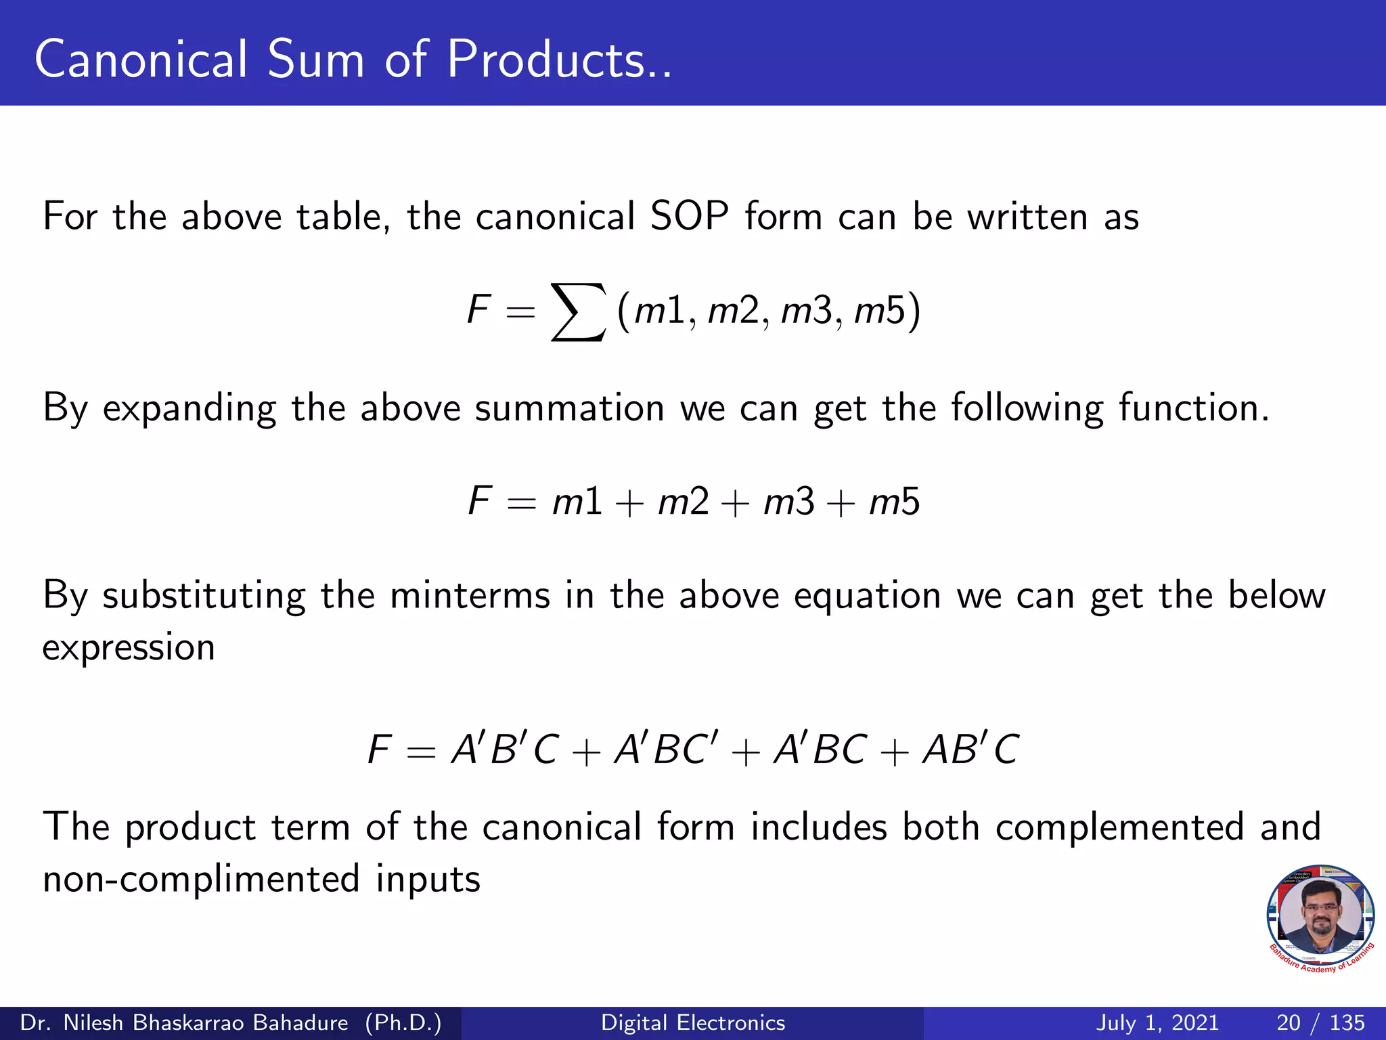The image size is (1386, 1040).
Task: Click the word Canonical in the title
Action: coord(141,60)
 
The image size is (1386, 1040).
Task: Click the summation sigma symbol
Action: coord(577,312)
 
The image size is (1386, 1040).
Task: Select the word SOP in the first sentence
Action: coord(689,217)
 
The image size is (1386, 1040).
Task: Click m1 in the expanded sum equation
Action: coord(577,502)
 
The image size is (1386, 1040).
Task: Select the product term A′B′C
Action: coord(505,750)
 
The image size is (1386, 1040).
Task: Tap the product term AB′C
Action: coord(970,750)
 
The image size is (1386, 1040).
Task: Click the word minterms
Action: coord(470,596)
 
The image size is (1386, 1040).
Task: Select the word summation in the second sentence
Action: coord(569,408)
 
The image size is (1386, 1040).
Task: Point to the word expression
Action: coord(129,648)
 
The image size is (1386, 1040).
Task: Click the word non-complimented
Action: coord(201,879)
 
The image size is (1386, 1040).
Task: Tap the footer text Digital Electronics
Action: coord(693,1022)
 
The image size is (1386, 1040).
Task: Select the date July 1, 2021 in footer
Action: coord(1157,1022)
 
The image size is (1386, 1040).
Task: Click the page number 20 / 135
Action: coord(1320,1022)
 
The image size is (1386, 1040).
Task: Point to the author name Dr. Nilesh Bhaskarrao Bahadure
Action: coord(184,1022)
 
